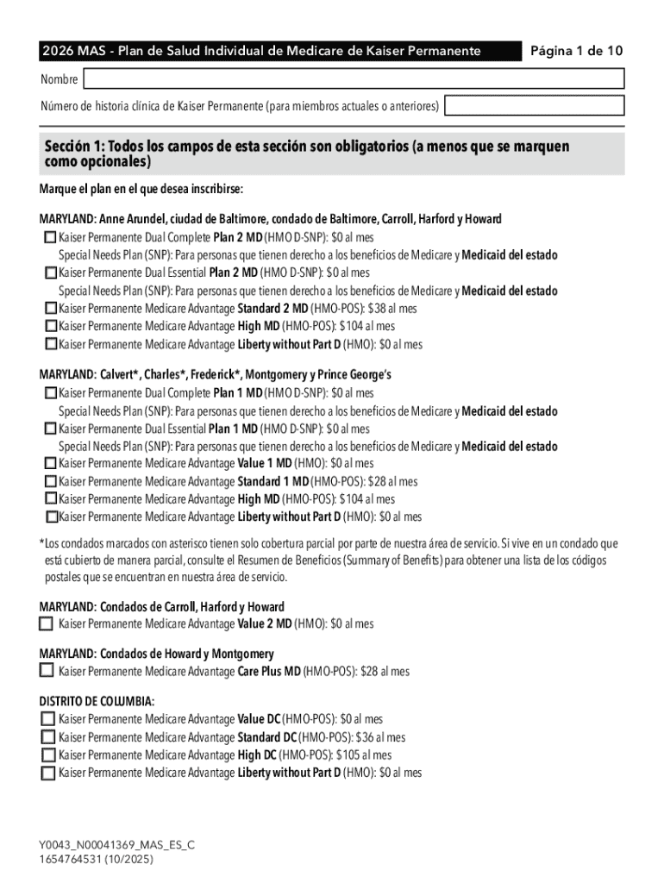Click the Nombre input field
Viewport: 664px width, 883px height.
point(353,79)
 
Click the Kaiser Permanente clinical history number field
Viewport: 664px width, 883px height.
point(534,106)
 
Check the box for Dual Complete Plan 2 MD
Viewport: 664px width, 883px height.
point(51,237)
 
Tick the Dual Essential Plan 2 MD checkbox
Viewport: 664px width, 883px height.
point(51,272)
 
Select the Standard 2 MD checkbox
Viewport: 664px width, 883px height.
point(51,308)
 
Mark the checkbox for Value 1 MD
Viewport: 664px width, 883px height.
point(51,464)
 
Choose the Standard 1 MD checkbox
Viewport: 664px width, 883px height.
point(51,482)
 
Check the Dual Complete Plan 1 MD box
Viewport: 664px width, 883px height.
point(51,393)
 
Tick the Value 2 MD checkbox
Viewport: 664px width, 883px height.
point(47,623)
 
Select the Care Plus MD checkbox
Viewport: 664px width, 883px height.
point(47,671)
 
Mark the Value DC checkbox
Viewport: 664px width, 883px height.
point(47,719)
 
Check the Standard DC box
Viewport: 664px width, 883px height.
point(47,737)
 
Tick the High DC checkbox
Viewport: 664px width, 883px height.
point(47,755)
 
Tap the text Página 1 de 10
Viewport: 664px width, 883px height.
point(577,51)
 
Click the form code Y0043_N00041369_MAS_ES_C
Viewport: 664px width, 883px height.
point(116,845)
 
